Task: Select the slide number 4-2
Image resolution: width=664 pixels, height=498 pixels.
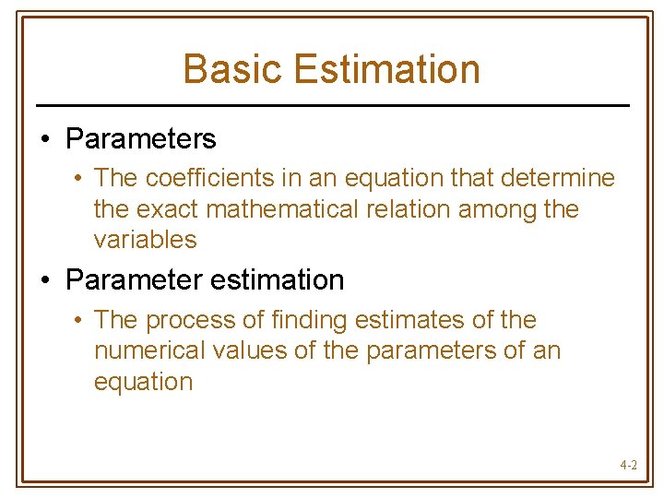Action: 628,466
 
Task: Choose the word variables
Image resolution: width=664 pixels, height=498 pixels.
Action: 145,240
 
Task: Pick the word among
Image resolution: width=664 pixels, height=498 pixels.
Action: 498,209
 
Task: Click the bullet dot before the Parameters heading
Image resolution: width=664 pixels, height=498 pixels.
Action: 45,140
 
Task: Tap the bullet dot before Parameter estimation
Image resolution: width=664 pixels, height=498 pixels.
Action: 45,280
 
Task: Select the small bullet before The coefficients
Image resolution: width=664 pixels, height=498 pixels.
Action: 80,178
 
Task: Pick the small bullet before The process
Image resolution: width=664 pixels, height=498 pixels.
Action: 80,321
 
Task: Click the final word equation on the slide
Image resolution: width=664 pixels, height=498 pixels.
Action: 143,383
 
